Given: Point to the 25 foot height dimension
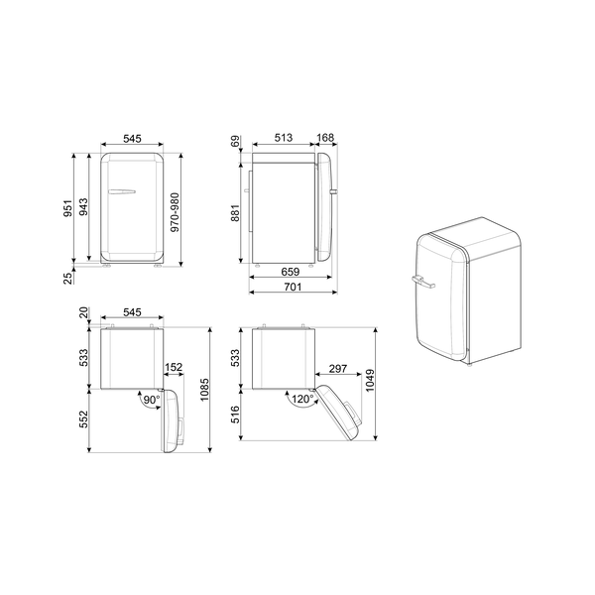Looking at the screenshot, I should coord(67,278).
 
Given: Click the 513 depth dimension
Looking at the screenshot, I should coord(284,140).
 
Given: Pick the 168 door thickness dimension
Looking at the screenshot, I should coord(326,140).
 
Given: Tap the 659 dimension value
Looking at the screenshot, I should coord(291,271).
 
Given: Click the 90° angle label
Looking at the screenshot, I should coord(151,400).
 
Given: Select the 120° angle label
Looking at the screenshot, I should coord(302,399).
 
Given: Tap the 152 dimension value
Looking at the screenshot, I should coord(173,368).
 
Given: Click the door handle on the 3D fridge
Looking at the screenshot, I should coord(419,284).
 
